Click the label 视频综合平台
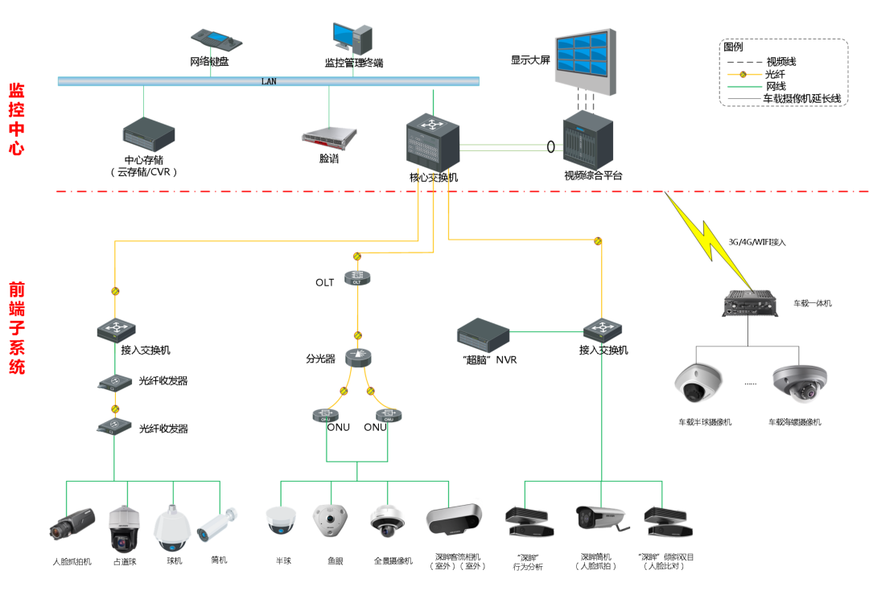tap(593, 175)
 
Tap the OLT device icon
tap(359, 278)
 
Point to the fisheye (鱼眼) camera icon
tap(330, 523)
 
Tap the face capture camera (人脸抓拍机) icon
tap(71, 524)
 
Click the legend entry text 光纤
tap(775, 74)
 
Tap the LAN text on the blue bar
tap(269, 81)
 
